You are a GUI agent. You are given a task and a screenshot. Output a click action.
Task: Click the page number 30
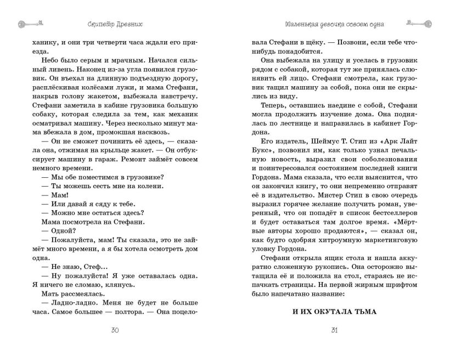(x=115, y=330)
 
